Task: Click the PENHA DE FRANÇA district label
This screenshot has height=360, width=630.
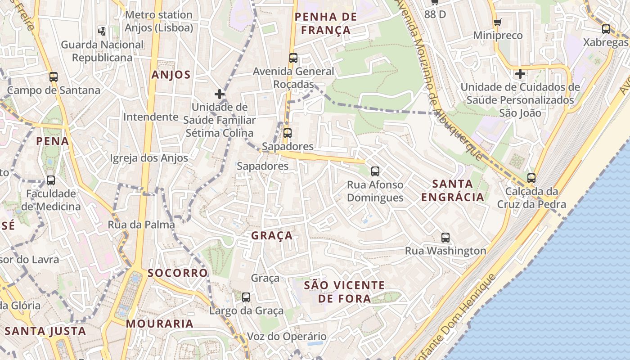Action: pos(325,23)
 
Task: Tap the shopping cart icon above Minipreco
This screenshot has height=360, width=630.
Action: pos(497,22)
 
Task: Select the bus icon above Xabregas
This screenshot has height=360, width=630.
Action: pos(606,29)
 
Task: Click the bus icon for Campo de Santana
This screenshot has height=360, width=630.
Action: pos(54,77)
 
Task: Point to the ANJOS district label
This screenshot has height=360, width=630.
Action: pos(171,75)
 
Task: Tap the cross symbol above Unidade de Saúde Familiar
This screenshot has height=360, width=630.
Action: pos(219,94)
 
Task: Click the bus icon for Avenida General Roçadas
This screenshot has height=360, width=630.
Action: pos(293,58)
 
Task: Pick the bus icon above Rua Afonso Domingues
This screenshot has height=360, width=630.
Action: pos(375,171)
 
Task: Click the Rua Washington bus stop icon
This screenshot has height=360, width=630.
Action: pos(445,238)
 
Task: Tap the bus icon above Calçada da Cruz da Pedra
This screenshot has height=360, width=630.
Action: pos(531,178)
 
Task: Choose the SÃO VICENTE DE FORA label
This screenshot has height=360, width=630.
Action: pos(344,292)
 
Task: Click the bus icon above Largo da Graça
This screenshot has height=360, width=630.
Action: pos(246,297)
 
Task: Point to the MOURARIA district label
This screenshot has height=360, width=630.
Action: pos(159,324)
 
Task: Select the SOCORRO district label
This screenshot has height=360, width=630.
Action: pos(178,273)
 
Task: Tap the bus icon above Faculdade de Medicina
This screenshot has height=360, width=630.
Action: pos(51,180)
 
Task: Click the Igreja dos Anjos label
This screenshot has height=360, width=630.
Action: pos(149,158)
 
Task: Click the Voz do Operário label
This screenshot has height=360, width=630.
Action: pos(287,337)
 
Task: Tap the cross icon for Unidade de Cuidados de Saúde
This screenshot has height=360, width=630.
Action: pos(520,74)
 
